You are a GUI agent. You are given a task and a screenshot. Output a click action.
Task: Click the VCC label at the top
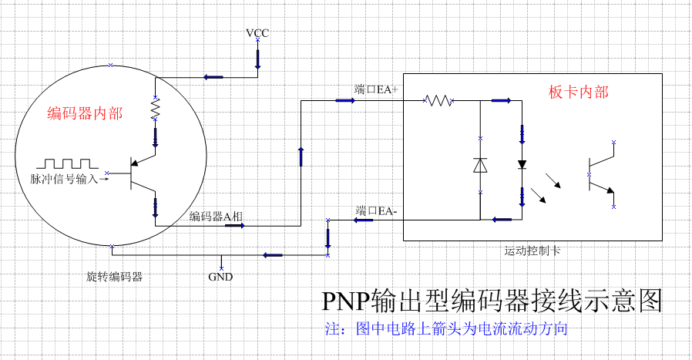tap(257, 33)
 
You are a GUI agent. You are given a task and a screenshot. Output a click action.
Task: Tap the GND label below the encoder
tap(220, 277)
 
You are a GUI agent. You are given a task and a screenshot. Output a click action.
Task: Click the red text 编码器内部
tap(85, 114)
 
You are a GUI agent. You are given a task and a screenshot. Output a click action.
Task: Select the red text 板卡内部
tap(579, 92)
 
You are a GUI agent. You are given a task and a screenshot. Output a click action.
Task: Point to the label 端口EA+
tap(376, 89)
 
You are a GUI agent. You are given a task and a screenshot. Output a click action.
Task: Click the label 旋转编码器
tap(114, 275)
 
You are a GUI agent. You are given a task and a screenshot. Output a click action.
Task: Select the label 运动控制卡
tap(532, 251)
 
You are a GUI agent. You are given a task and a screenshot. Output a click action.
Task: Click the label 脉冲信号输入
tap(65, 179)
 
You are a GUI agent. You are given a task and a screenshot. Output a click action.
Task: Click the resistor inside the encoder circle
tap(155, 108)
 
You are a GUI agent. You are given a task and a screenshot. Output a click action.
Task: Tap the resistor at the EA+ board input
tap(438, 100)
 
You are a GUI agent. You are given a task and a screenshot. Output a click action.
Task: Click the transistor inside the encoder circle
tap(143, 173)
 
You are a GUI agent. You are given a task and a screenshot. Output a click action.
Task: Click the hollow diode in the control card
tap(480, 165)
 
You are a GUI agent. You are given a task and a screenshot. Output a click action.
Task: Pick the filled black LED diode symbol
tap(522, 164)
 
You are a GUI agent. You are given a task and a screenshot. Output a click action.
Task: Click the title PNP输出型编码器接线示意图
tap(492, 300)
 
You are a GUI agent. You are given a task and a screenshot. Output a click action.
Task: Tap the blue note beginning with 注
tap(447, 329)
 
